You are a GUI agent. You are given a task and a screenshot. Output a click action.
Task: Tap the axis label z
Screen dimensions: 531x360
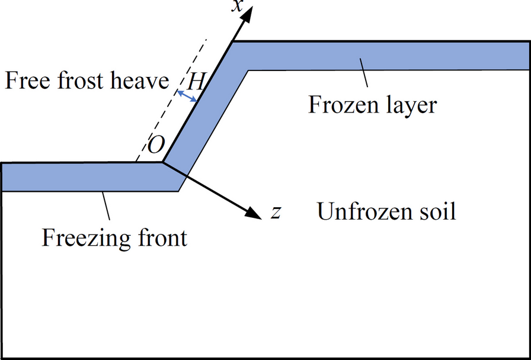tap(276, 212)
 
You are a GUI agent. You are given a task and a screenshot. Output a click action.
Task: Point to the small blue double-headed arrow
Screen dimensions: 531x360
tap(188, 97)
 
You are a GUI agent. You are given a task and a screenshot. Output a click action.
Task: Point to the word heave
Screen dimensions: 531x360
tap(140, 81)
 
